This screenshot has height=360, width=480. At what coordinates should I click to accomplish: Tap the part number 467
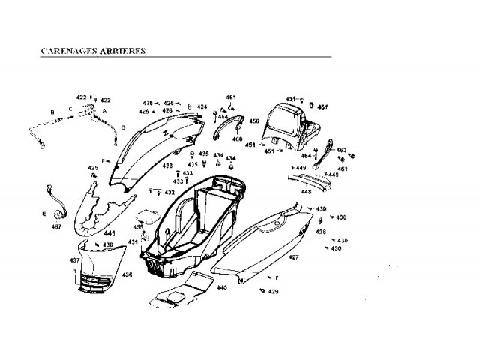(55, 226)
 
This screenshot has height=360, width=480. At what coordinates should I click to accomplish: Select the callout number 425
(93, 168)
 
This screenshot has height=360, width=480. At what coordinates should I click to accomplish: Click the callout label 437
(75, 260)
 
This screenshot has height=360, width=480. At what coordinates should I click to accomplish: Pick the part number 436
(127, 274)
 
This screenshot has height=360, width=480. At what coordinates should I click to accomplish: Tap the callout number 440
(221, 288)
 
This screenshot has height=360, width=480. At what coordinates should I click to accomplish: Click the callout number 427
(294, 257)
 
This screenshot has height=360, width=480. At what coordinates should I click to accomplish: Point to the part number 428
(320, 232)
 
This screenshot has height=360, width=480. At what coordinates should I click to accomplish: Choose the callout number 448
(307, 191)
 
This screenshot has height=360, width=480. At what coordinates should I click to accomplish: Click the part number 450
(254, 121)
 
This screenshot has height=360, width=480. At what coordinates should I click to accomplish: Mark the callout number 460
(237, 139)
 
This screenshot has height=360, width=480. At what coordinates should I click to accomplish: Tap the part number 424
(202, 106)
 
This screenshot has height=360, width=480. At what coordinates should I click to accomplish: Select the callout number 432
(169, 193)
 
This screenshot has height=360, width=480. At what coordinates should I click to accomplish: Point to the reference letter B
(52, 112)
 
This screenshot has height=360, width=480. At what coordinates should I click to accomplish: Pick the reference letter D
(123, 127)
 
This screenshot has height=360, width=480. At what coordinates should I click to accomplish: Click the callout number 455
(138, 226)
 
